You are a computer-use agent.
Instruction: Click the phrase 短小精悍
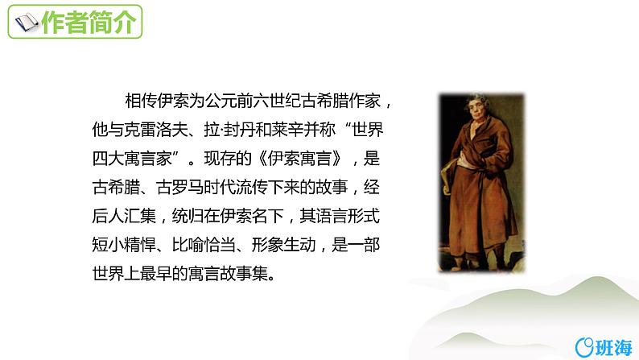coord(122,246)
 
